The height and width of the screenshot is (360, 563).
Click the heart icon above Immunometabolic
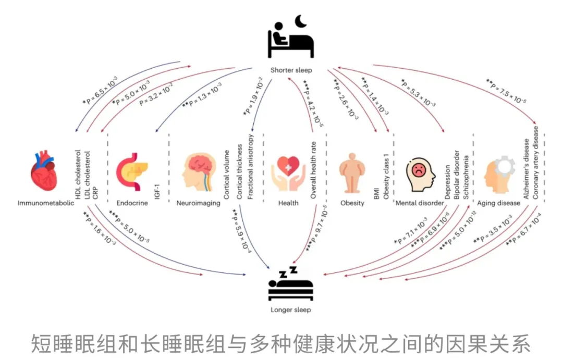pyautogui.click(x=44, y=171)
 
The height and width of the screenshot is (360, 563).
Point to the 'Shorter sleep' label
pyautogui.click(x=291, y=70)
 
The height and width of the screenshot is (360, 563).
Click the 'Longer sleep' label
pyautogui.click(x=291, y=310)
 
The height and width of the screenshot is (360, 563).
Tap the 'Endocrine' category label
pyautogui.click(x=132, y=203)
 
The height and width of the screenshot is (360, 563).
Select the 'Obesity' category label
pyautogui.click(x=352, y=203)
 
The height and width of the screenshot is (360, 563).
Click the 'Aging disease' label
pyautogui.click(x=499, y=203)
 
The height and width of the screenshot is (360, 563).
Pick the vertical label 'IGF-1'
pyautogui.click(x=157, y=192)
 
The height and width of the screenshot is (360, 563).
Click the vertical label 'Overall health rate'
pyautogui.click(x=313, y=170)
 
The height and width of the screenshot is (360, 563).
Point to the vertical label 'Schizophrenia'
pyautogui.click(x=466, y=177)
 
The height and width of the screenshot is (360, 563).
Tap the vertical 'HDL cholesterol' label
pyautogui.click(x=78, y=175)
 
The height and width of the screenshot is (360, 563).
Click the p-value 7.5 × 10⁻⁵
pyautogui.click(x=506, y=91)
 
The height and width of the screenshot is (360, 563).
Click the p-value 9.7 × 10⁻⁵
pyautogui.click(x=316, y=228)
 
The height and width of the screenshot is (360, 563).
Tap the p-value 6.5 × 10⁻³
pyautogui.click(x=100, y=90)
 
